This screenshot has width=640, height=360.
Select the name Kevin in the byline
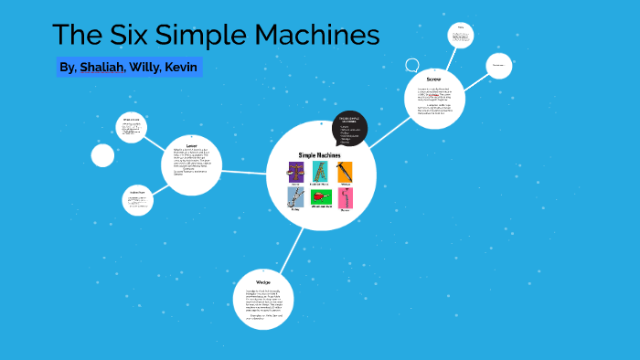point(181,68)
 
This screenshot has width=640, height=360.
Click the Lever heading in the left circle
point(191,145)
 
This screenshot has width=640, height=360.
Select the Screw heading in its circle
point(433,79)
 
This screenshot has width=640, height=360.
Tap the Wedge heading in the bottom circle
point(263,282)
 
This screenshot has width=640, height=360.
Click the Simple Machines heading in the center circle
point(320,154)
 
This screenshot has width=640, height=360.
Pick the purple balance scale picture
point(295,172)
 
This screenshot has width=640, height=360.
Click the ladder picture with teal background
point(320,172)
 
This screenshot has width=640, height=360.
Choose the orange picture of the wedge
point(344,172)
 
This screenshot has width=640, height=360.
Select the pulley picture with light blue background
point(295,198)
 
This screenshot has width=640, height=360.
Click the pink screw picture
point(344,198)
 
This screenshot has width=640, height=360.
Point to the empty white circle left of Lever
point(102,156)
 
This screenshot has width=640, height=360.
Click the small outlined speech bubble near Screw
point(412,66)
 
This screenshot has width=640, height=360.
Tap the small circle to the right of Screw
point(498,66)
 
